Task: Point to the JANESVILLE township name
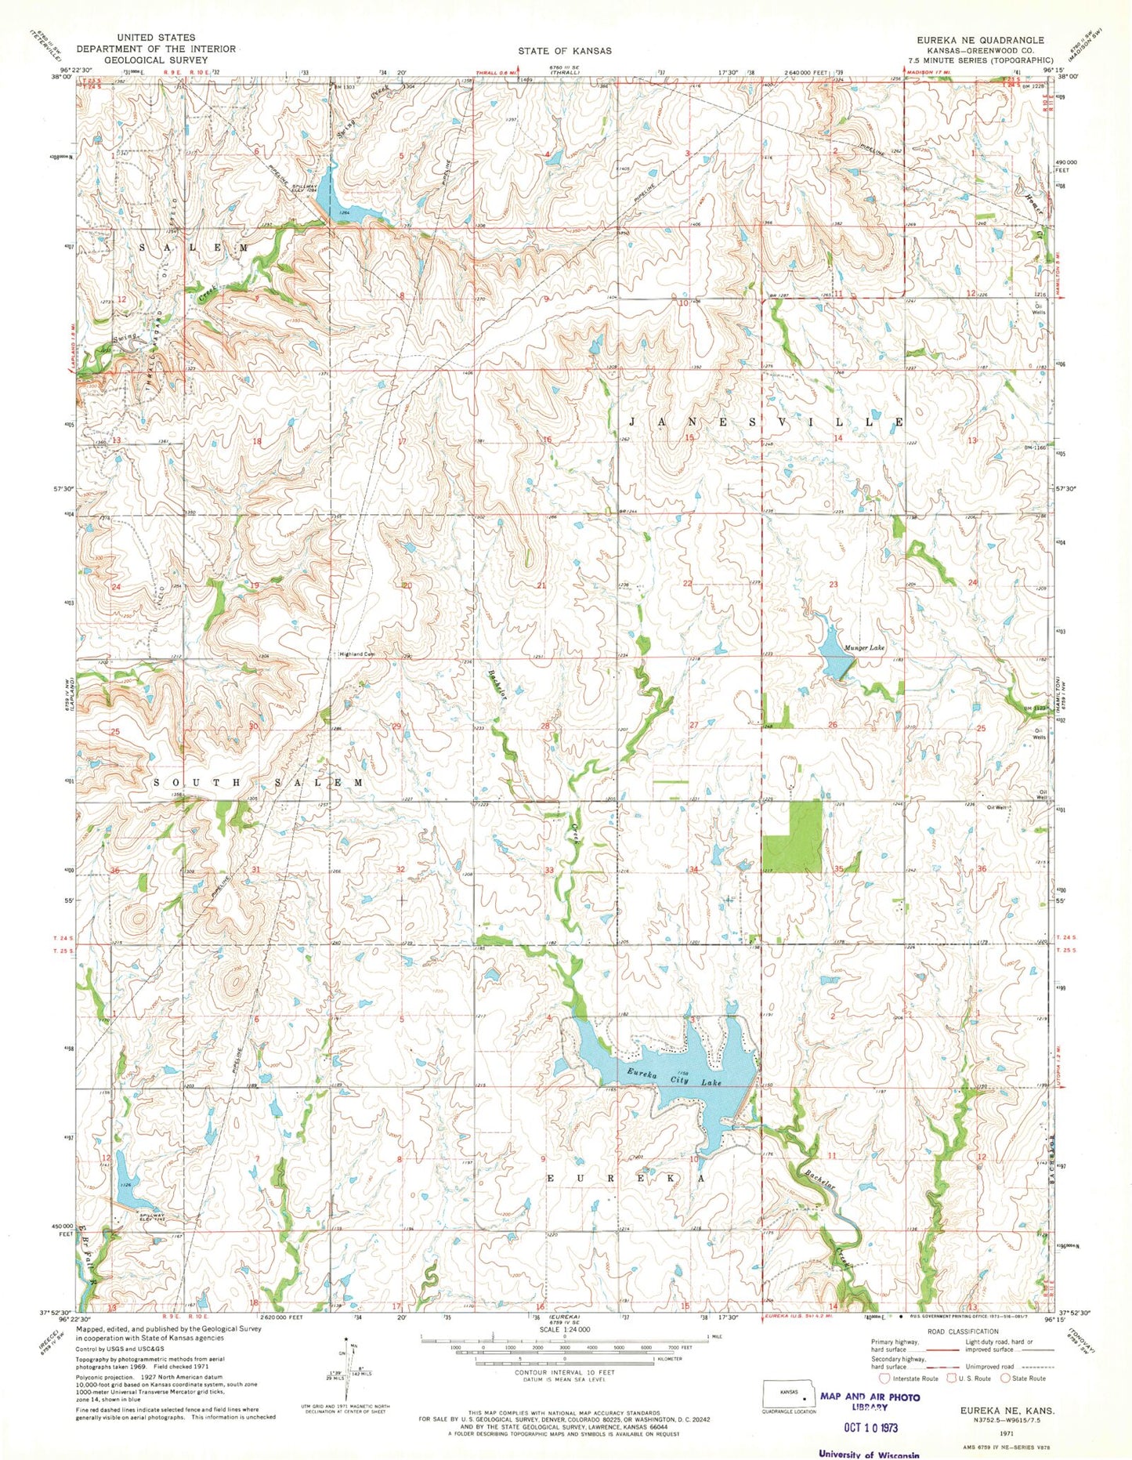point(765,422)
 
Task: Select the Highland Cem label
point(358,654)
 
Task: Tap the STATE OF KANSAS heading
point(564,50)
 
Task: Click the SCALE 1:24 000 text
point(564,1329)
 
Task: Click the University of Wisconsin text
point(869,1454)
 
